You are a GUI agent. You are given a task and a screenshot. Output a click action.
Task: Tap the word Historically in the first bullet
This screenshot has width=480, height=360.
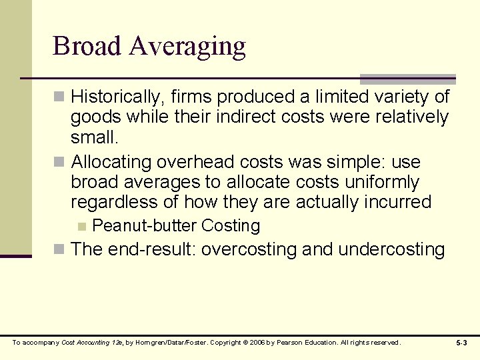[x=115, y=97]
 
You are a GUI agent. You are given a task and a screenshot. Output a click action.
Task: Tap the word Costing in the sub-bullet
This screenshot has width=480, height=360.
[x=231, y=226]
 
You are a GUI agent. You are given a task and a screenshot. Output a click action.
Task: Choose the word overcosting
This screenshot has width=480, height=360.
[x=249, y=249]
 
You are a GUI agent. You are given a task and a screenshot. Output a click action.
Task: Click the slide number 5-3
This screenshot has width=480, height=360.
[x=461, y=343]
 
